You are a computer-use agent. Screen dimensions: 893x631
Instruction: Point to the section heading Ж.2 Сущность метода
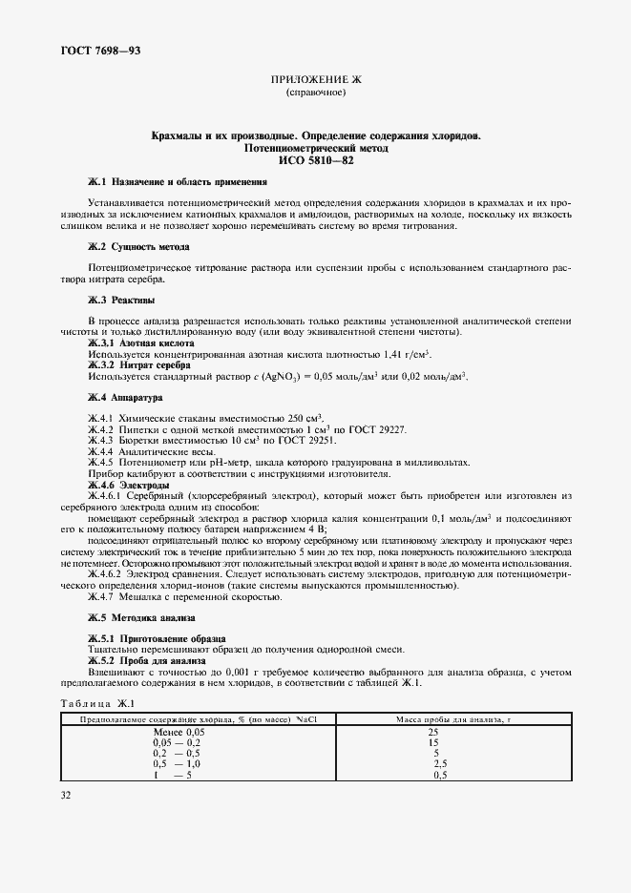pos(138,247)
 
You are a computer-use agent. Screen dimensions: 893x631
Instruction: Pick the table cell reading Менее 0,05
pos(179,731)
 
